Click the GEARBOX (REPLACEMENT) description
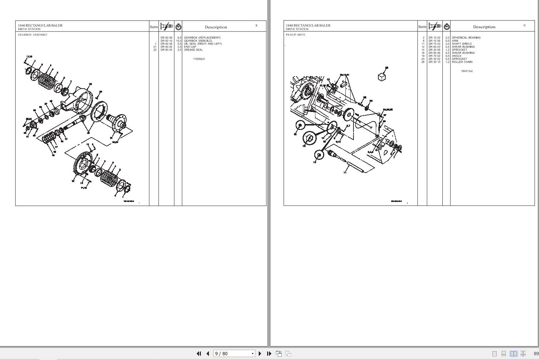point(202,38)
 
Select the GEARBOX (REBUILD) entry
point(198,41)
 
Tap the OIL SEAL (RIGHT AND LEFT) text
point(203,44)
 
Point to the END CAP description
point(190,47)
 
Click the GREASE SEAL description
point(193,50)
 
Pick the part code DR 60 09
point(166,38)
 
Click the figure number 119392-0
point(199,59)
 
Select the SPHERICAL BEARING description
point(466,38)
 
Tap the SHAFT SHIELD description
point(462,44)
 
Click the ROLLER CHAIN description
point(462,62)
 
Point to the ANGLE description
point(457,56)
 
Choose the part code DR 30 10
point(434,62)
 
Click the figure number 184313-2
point(467,71)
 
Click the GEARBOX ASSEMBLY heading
point(33,35)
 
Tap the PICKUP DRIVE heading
point(295,35)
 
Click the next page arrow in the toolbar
point(260,353)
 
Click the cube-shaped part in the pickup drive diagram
point(382,77)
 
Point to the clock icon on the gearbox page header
point(178,27)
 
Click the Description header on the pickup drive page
point(484,27)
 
